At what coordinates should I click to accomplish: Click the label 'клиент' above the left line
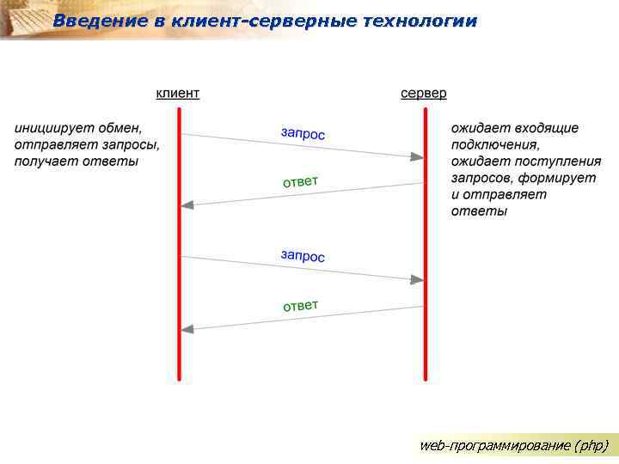(x=177, y=93)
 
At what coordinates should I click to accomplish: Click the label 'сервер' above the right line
(x=424, y=93)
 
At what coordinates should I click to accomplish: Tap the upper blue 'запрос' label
(x=303, y=133)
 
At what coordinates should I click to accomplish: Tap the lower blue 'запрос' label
(x=303, y=256)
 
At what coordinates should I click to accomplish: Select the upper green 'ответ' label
(x=301, y=181)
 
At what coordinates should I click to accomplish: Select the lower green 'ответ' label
(x=301, y=305)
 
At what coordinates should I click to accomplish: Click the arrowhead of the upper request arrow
(x=417, y=156)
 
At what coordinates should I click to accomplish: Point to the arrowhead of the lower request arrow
(x=417, y=279)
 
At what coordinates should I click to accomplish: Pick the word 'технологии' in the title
(x=420, y=21)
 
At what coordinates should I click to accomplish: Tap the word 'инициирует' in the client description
(x=50, y=128)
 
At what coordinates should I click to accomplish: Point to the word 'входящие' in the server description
(x=548, y=128)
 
